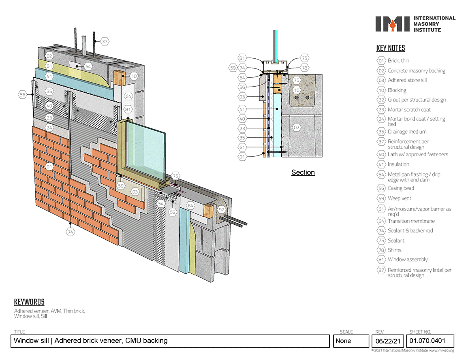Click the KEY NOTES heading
(391, 48)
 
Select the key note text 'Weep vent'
(400, 198)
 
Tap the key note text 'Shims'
(395, 250)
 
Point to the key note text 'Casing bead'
(401, 188)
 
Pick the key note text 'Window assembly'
(408, 260)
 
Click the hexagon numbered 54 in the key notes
(381, 175)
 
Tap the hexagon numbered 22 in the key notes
(381, 100)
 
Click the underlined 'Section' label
(303, 173)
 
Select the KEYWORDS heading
(29, 302)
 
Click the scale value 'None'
(343, 341)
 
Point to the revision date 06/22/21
(388, 341)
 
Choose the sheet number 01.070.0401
(428, 341)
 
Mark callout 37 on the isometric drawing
(105, 41)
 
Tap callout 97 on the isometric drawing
(221, 210)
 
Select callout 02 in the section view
(296, 128)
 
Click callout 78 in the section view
(305, 68)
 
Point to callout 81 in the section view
(242, 58)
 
